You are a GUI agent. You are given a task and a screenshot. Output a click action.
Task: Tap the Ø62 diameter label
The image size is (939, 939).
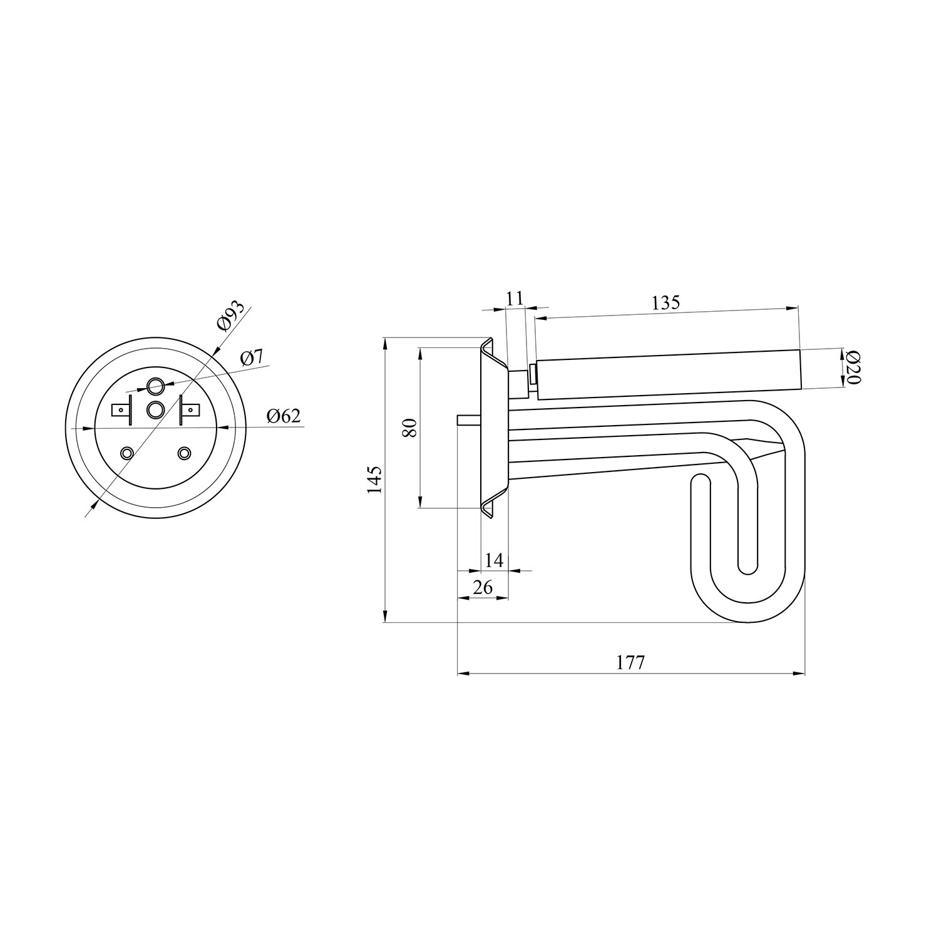tap(284, 416)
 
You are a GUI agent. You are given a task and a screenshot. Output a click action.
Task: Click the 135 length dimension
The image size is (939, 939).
tap(665, 302)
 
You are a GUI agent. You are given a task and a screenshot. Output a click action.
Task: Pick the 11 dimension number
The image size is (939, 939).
tap(515, 298)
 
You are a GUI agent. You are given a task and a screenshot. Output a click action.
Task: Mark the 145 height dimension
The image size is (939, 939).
tap(374, 480)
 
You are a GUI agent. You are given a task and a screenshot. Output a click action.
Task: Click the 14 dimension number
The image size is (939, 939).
tap(495, 560)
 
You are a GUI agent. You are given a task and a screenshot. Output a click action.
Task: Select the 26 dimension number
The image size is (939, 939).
tap(483, 587)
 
